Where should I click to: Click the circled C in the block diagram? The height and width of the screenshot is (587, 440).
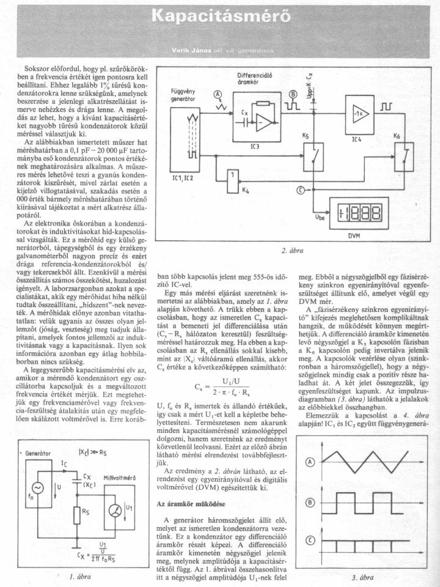[299, 190]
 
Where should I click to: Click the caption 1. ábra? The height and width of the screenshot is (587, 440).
[80, 575]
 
